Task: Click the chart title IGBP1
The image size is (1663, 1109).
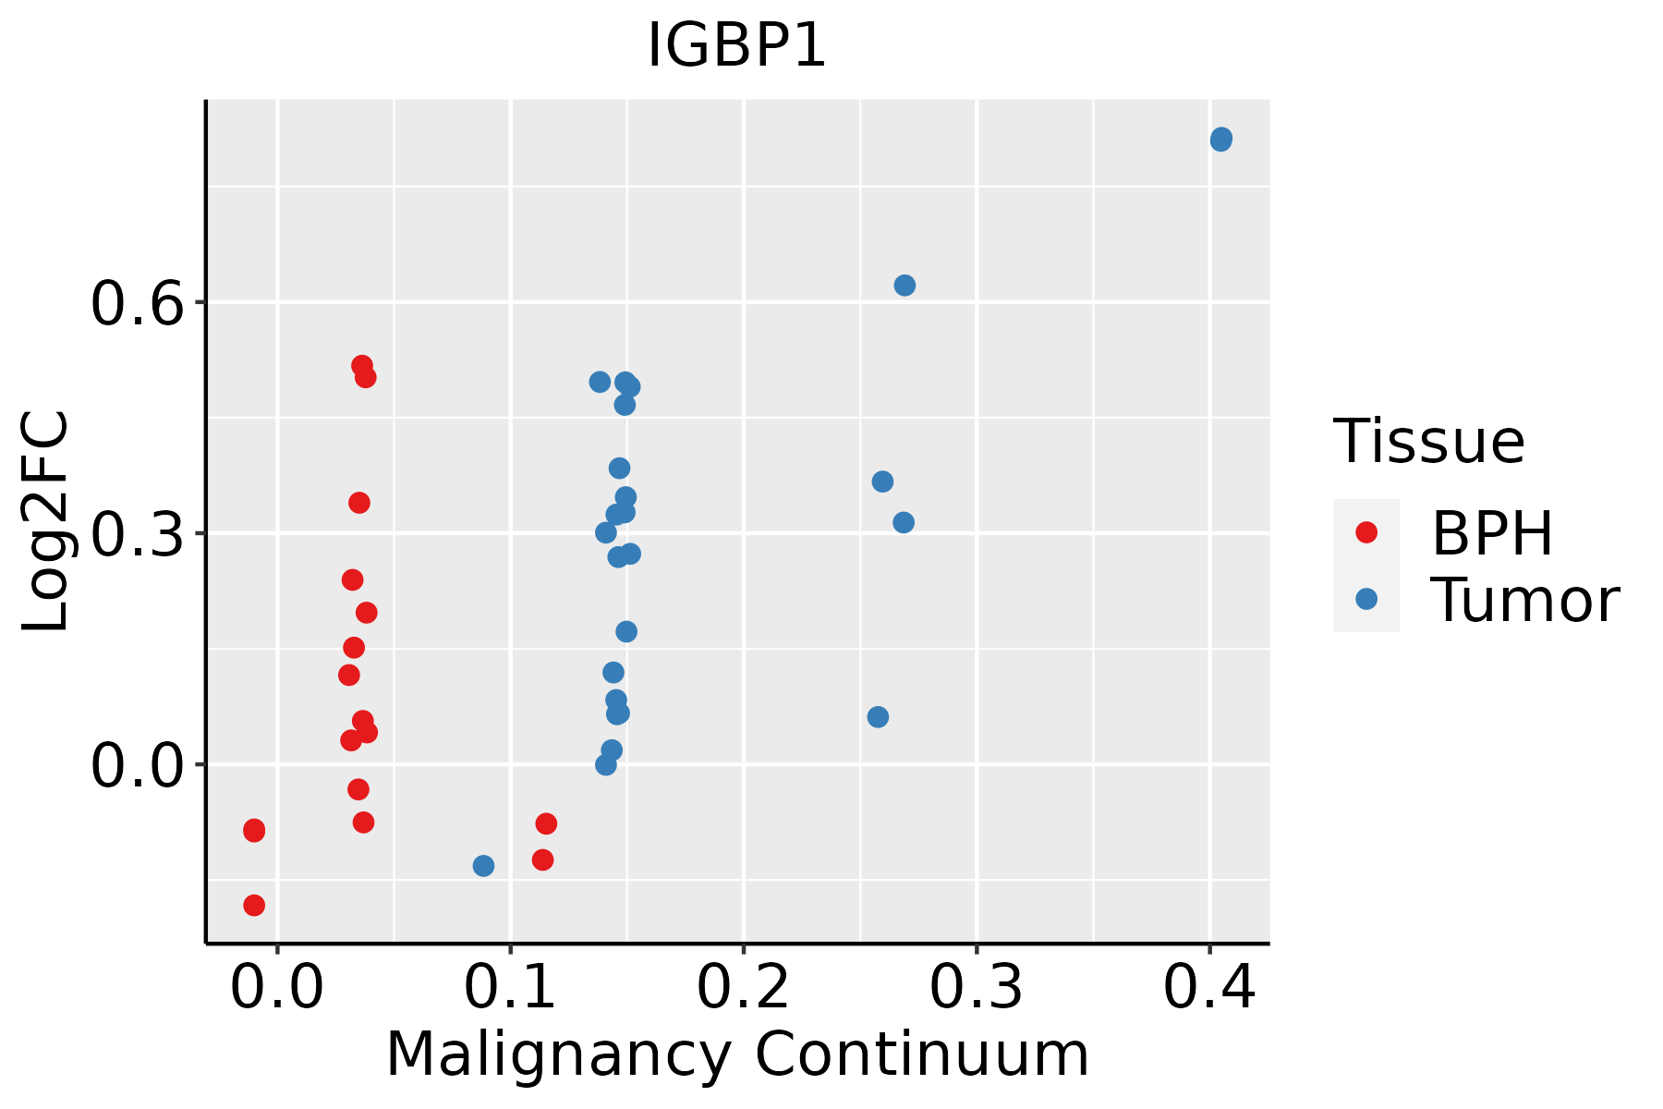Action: tap(736, 46)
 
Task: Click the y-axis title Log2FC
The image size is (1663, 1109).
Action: tap(46, 522)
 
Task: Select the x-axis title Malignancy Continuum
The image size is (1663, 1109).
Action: tap(736, 1055)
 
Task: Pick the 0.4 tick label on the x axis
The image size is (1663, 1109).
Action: tap(1208, 987)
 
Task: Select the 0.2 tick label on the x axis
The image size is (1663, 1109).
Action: tap(743, 987)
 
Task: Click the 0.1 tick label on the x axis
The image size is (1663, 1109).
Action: tap(510, 987)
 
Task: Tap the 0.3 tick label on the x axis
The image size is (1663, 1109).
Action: tap(976, 987)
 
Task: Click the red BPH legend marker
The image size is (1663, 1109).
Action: tap(1366, 531)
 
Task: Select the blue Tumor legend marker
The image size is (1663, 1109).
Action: tap(1366, 599)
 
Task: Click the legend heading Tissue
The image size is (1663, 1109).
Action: tap(1428, 442)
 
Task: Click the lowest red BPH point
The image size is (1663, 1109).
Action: tap(254, 905)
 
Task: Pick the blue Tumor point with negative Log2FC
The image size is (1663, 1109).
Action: tap(483, 866)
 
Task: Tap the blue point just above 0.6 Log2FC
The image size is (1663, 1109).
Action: tap(904, 286)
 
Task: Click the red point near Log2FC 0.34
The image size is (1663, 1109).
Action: tap(359, 503)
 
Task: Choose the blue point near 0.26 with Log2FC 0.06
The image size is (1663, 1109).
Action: tap(878, 717)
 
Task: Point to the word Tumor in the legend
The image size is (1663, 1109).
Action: tap(1524, 601)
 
